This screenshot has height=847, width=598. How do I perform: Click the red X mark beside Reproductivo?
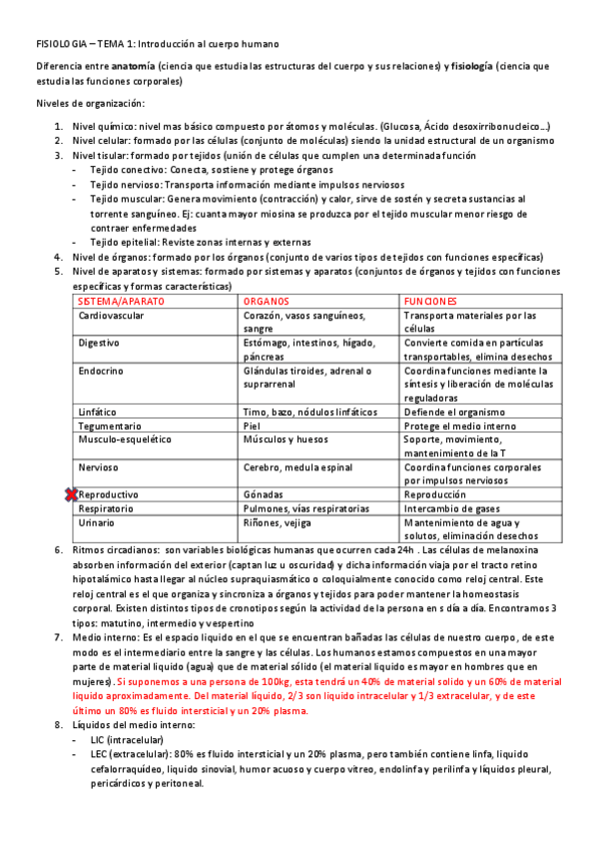tap(71, 494)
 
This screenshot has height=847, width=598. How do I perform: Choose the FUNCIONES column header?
tap(430, 301)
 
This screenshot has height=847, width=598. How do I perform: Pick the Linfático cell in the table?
tap(97, 412)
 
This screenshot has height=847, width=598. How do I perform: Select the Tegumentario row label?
tap(110, 425)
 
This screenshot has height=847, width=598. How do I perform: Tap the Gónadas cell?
tap(263, 494)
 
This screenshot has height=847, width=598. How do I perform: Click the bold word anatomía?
tap(133, 66)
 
